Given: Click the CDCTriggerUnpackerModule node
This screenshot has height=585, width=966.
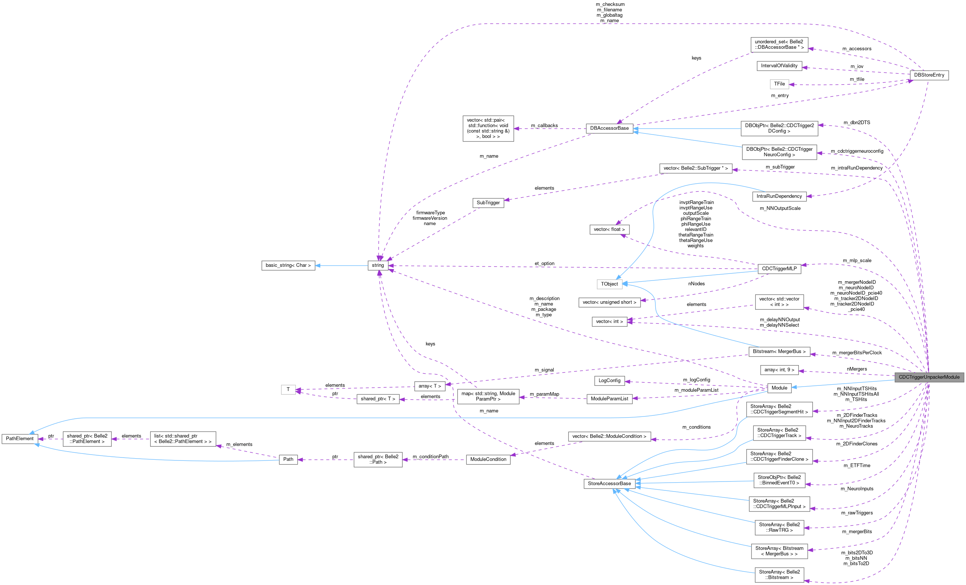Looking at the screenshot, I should [929, 377].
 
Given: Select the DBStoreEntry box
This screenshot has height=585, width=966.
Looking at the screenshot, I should [929, 75].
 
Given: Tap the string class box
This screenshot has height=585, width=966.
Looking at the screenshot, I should [378, 265].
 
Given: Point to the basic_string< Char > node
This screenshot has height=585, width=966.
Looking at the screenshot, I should [288, 265].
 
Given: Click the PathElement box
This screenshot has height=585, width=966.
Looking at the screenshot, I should [20, 438].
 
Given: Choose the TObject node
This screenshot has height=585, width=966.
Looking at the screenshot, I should [609, 284].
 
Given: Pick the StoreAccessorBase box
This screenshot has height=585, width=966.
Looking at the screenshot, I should [609, 483].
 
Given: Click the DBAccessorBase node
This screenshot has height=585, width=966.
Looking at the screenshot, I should [609, 128].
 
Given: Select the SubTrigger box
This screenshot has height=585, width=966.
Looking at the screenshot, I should [488, 203].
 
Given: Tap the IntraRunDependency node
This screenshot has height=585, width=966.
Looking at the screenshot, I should [779, 196].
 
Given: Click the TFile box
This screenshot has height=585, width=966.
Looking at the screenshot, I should [779, 84].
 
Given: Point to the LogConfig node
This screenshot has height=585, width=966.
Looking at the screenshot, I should [609, 381].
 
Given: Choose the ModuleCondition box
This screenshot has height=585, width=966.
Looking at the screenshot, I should [488, 459].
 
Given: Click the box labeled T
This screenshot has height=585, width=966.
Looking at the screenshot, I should [288, 390].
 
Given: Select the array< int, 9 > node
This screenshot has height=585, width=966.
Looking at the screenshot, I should [779, 370].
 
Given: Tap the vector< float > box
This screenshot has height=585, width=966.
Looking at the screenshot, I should [609, 229].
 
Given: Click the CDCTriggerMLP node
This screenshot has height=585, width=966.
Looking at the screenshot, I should [779, 268].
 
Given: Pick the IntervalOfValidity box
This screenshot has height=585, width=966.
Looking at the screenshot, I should [779, 66].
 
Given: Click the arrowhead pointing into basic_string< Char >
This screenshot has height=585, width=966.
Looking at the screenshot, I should [318, 266].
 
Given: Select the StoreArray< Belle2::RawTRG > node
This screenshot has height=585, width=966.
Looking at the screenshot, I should [779, 527].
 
